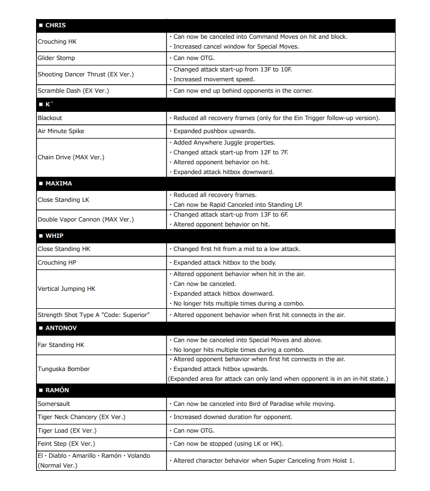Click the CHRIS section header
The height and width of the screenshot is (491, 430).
click(x=55, y=26)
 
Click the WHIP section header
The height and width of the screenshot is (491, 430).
click(x=54, y=236)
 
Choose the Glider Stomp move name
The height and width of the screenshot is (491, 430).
click(x=56, y=58)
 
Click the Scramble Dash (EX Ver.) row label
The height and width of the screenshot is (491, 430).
click(x=69, y=91)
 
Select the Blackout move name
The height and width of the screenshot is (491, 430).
click(x=50, y=118)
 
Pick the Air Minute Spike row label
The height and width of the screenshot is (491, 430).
click(x=61, y=131)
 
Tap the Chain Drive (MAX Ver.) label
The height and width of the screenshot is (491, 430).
click(x=70, y=157)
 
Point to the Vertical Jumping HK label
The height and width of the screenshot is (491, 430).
click(x=66, y=289)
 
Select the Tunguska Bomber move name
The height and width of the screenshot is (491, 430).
click(x=63, y=369)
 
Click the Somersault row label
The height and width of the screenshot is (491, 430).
click(x=54, y=404)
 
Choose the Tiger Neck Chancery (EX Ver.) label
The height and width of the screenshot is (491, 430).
click(x=81, y=417)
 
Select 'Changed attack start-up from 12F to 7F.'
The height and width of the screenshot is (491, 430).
click(x=231, y=152)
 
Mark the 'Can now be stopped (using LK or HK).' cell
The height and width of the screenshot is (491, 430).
click(x=228, y=444)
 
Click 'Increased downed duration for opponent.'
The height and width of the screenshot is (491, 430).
click(x=233, y=417)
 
